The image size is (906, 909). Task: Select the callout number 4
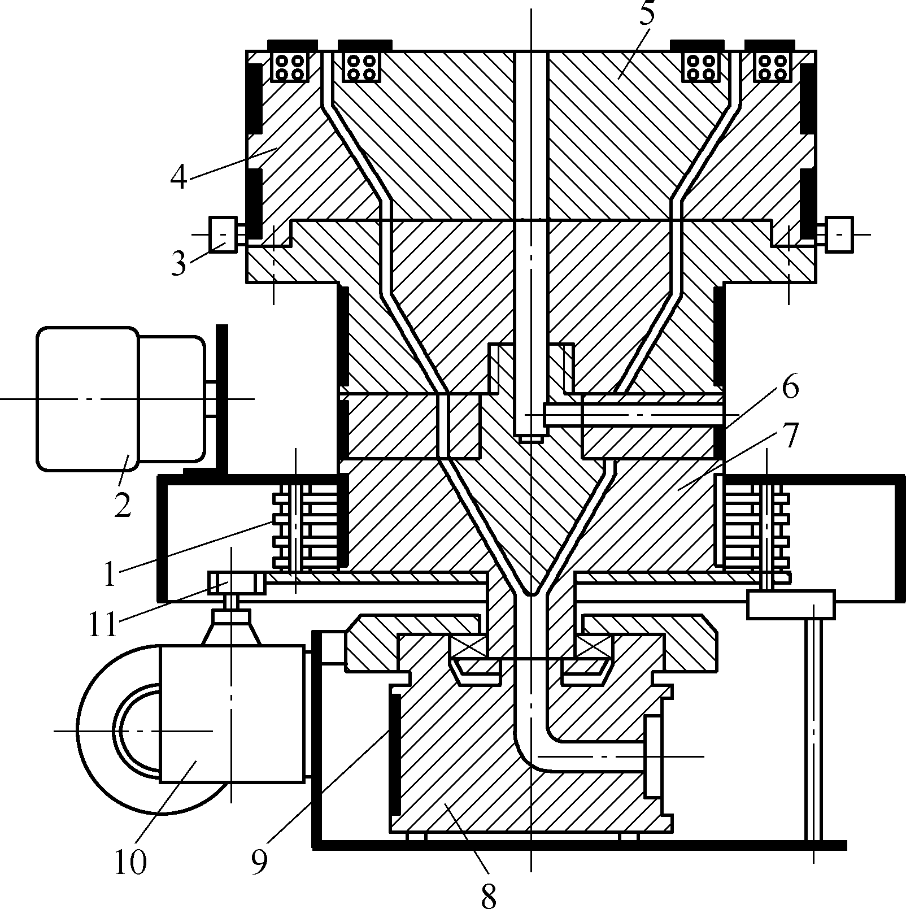coord(178,176)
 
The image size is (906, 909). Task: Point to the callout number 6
coord(790,388)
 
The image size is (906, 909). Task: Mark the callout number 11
coord(102,625)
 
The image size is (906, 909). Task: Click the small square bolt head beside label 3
coord(223,234)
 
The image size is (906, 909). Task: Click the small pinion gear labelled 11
coord(236,582)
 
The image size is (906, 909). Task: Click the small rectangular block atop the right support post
coord(791,604)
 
